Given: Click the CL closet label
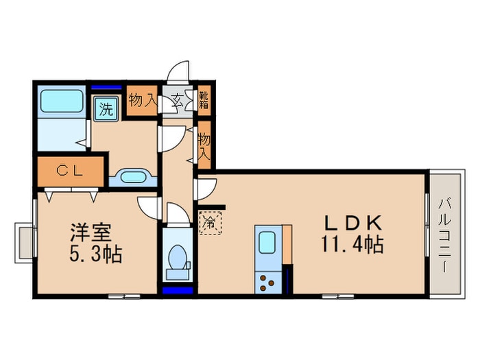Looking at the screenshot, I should (x=70, y=172).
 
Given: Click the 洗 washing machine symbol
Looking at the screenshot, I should (x=106, y=108).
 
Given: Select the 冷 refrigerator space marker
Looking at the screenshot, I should (x=210, y=222).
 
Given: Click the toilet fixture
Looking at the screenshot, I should (x=178, y=259).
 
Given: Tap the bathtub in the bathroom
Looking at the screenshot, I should (x=61, y=101).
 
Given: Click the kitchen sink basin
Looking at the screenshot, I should (x=266, y=241).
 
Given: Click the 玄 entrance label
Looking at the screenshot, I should (x=176, y=101).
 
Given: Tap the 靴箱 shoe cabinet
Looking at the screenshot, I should (x=204, y=101).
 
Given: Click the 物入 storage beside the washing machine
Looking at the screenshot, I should (x=143, y=101).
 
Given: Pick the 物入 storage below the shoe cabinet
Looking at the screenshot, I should (x=204, y=145).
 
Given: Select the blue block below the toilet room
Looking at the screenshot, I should (x=178, y=290).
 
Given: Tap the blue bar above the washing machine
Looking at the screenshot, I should (x=106, y=86).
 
